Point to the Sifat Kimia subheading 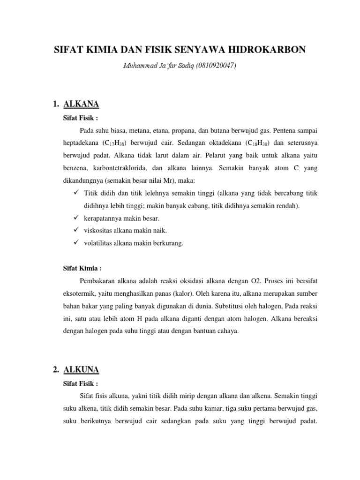pos(82,269)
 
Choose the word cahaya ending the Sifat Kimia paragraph pos(227,330)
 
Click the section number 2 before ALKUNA pos(56,370)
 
